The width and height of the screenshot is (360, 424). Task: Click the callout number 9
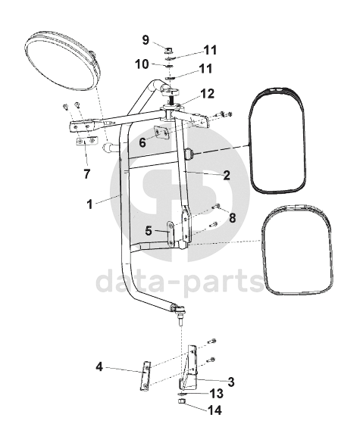pyautogui.click(x=146, y=40)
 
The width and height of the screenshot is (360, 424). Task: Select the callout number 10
pyautogui.click(x=142, y=64)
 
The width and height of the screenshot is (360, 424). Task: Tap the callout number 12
pyautogui.click(x=207, y=94)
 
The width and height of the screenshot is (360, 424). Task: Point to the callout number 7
pyautogui.click(x=86, y=174)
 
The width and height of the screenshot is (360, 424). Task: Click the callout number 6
pyautogui.click(x=142, y=142)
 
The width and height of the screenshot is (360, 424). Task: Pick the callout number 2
pyautogui.click(x=227, y=175)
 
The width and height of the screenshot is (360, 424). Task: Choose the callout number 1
pyautogui.click(x=89, y=204)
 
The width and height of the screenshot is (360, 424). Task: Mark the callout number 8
pyautogui.click(x=232, y=218)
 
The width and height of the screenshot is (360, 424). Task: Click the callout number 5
pyautogui.click(x=149, y=231)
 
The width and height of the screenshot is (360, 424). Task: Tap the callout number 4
pyautogui.click(x=99, y=367)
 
